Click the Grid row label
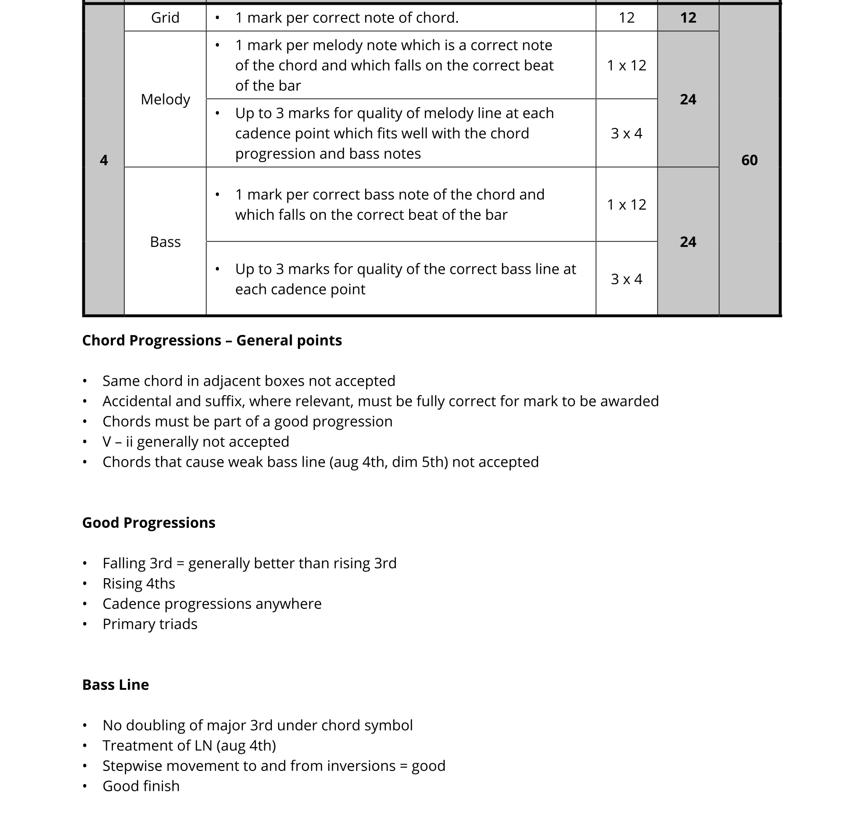pyautogui.click(x=165, y=18)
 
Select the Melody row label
pyautogui.click(x=165, y=99)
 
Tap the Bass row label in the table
pyautogui.click(x=165, y=242)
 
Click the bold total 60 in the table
pyautogui.click(x=749, y=160)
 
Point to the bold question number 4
pyautogui.click(x=104, y=160)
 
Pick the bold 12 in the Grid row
pyautogui.click(x=688, y=18)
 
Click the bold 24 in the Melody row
pyautogui.click(x=688, y=99)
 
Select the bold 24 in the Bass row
pyautogui.click(x=688, y=242)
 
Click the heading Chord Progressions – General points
pyautogui.click(x=212, y=341)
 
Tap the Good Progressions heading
pyautogui.click(x=149, y=523)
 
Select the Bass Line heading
pyautogui.click(x=116, y=685)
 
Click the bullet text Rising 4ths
pyautogui.click(x=139, y=584)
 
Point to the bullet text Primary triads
pyautogui.click(x=150, y=624)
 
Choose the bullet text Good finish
pyautogui.click(x=141, y=786)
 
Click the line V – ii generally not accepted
pyautogui.click(x=196, y=442)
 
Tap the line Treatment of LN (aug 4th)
pyautogui.click(x=189, y=746)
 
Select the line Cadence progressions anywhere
pyautogui.click(x=212, y=604)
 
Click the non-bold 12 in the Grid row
pyautogui.click(x=626, y=18)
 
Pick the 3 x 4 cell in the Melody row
pyautogui.click(x=626, y=133)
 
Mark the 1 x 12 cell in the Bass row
pyautogui.click(x=626, y=205)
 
